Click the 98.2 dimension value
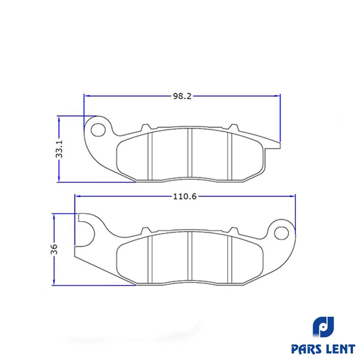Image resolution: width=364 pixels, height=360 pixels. point(182,96)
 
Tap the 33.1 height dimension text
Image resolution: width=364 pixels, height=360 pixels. point(59,149)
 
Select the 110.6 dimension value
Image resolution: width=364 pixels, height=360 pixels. point(185,196)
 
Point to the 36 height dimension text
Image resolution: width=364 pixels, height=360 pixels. point(54,249)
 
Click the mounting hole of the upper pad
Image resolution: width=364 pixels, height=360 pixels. point(98,130)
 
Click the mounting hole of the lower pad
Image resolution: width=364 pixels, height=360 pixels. point(281,233)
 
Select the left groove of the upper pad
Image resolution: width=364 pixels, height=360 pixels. point(150,156)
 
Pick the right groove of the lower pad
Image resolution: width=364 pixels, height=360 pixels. point(230,259)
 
